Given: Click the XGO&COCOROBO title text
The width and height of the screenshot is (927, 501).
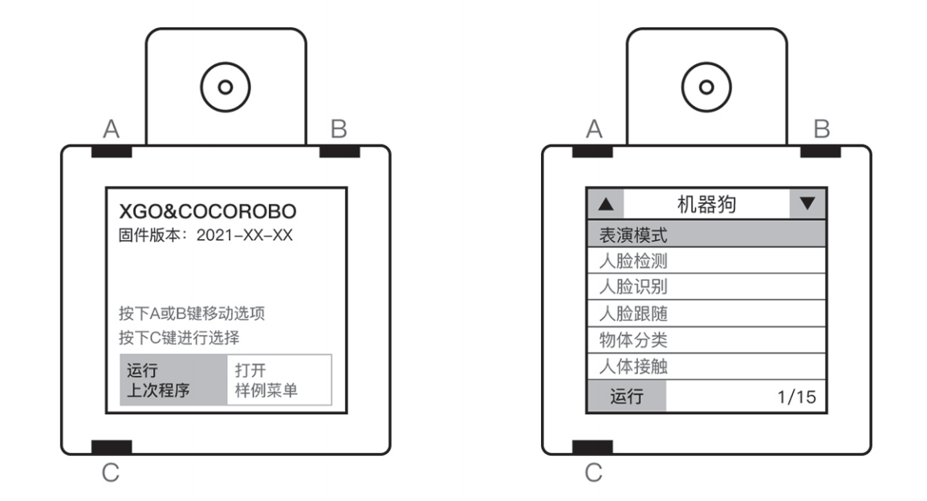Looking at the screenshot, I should pos(208,212).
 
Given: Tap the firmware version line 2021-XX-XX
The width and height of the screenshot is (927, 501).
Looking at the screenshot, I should pos(208,238).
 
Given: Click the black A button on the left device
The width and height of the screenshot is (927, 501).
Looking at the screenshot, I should pos(112,152).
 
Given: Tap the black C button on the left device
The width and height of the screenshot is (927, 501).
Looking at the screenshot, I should pos(112,446).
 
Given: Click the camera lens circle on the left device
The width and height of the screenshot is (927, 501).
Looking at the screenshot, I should pos(226,85).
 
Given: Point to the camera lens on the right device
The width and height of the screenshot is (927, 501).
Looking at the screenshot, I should pos(706,85).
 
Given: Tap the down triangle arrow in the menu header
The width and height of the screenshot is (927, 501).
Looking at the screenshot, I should pos(807,204).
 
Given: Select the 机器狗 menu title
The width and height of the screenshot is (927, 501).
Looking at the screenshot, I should pos(706,205).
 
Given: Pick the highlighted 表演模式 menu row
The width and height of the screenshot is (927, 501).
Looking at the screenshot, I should pos(706,236).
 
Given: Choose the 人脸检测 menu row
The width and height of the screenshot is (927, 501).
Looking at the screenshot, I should pos(706,261).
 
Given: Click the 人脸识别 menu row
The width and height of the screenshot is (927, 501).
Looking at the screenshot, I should pos(706,287).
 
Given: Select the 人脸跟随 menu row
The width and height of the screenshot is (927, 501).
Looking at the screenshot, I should pos(706,313).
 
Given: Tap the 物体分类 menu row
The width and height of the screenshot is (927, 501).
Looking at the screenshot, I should pos(706,340).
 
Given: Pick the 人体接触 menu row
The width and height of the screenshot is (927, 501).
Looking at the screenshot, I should pos(706,367).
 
